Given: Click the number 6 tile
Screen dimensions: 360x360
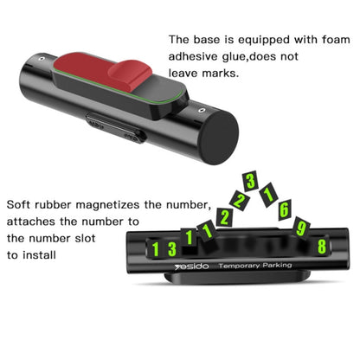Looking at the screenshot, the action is point(284,209).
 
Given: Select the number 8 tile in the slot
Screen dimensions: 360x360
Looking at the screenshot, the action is point(322,247).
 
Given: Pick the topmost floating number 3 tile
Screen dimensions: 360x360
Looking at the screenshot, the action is point(250,181).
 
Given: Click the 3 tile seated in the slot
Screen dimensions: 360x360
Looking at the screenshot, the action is point(172,249).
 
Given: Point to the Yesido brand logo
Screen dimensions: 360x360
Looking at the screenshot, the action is point(191,267).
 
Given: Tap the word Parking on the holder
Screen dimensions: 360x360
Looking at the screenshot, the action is point(277,265).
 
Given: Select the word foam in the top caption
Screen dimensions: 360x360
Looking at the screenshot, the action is point(336,40).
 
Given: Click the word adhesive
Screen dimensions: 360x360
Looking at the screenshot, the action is point(193,56).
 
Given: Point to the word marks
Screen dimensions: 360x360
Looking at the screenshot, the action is point(221,73).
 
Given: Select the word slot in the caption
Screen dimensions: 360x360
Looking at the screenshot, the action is point(85,239).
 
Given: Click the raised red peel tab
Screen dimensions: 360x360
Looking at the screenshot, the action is point(130,76).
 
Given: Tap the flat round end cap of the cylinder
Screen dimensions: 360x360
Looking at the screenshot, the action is point(220,138).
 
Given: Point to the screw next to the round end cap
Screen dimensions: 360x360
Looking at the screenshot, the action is point(202,111).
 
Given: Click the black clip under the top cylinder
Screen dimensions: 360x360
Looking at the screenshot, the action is point(115,128).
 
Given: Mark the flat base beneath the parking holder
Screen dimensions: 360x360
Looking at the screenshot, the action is point(237,278).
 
